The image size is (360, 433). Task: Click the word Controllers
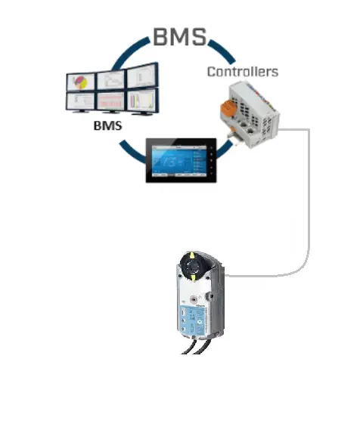(242, 72)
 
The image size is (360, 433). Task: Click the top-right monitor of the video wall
(141, 76)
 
